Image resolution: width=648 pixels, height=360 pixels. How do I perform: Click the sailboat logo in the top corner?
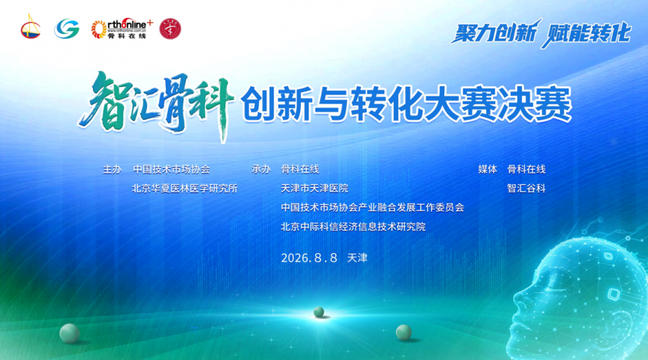[30, 27]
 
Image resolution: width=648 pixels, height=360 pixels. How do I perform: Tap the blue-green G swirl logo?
[66, 29]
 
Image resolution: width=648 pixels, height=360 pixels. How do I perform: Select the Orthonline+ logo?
[122, 29]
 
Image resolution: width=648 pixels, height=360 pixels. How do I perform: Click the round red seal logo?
[170, 29]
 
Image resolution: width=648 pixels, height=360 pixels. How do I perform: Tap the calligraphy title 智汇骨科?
[156, 104]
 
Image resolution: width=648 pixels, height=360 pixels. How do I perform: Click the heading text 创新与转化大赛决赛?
[406, 104]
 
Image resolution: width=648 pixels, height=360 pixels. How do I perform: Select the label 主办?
[112, 169]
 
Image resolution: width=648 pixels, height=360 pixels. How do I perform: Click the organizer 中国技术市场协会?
[171, 169]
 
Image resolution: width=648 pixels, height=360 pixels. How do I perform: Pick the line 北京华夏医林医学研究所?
[185, 189]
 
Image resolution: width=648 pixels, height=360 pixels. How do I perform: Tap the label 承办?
[261, 169]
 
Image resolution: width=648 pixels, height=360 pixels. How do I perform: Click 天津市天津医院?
[315, 189]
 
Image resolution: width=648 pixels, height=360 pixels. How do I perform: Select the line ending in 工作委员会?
[372, 207]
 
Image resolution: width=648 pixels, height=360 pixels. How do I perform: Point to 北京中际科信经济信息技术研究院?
[354, 227]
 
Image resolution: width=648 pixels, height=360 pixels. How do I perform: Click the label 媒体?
[487, 169]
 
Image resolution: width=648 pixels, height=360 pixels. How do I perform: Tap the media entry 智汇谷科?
[526, 189]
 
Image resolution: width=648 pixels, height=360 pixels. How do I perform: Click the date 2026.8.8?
[309, 258]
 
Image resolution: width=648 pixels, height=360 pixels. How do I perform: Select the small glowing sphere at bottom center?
[319, 312]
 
